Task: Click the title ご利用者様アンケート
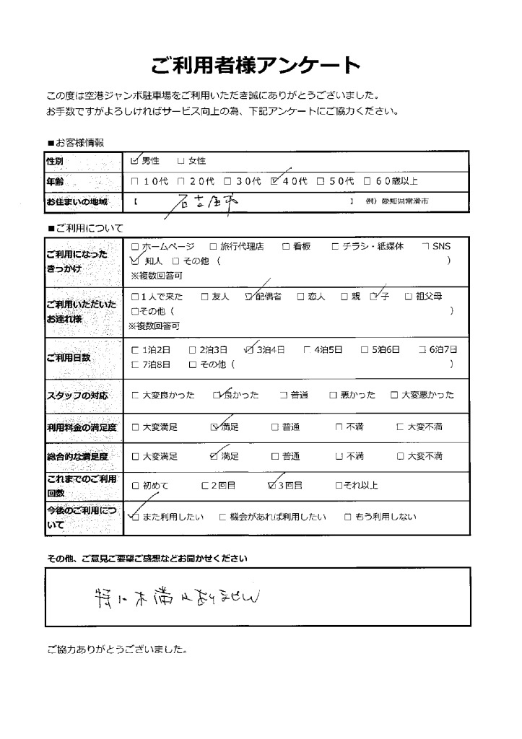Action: click(255, 66)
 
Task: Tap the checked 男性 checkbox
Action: click(135, 161)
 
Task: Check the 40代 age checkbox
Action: click(274, 182)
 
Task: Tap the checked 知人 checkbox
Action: click(135, 260)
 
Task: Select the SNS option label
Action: click(440, 247)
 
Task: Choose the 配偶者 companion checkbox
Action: click(251, 296)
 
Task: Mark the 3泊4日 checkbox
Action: click(250, 350)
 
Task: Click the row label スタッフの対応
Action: click(77, 395)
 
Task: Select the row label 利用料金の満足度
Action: click(82, 427)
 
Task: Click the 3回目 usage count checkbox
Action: click(272, 485)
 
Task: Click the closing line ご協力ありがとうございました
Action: click(117, 649)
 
